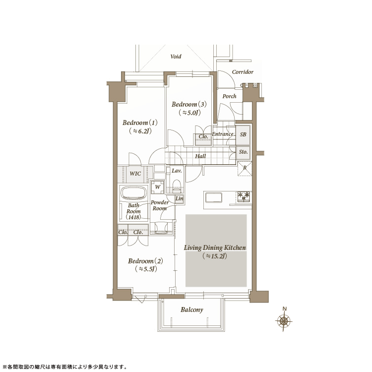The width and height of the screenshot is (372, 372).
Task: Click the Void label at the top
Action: pos(176,57)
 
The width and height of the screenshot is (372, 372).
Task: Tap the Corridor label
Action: pos(243,72)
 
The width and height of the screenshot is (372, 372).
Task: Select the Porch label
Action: pos(229,96)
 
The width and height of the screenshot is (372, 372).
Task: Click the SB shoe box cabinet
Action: pos(243,134)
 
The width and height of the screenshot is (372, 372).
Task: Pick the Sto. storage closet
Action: pos(243,152)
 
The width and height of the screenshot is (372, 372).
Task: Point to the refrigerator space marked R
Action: pos(245,169)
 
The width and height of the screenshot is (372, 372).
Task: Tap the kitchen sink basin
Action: pos(214,197)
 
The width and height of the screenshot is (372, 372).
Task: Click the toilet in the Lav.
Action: pos(177,186)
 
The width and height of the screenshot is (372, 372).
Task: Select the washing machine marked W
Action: pos(158,186)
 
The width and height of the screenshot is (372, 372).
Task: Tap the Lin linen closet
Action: pos(180,198)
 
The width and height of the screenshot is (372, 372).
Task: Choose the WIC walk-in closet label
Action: pos(135,174)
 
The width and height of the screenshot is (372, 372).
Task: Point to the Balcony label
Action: pos(191,310)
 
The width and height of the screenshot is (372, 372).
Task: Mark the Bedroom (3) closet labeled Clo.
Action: pos(203,137)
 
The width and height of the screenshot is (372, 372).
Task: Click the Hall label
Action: pos(200,156)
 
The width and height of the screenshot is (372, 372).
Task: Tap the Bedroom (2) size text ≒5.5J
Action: pos(146,269)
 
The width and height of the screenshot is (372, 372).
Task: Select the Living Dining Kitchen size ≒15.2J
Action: pos(215,256)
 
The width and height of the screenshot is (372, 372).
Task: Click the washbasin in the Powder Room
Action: pos(161,227)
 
